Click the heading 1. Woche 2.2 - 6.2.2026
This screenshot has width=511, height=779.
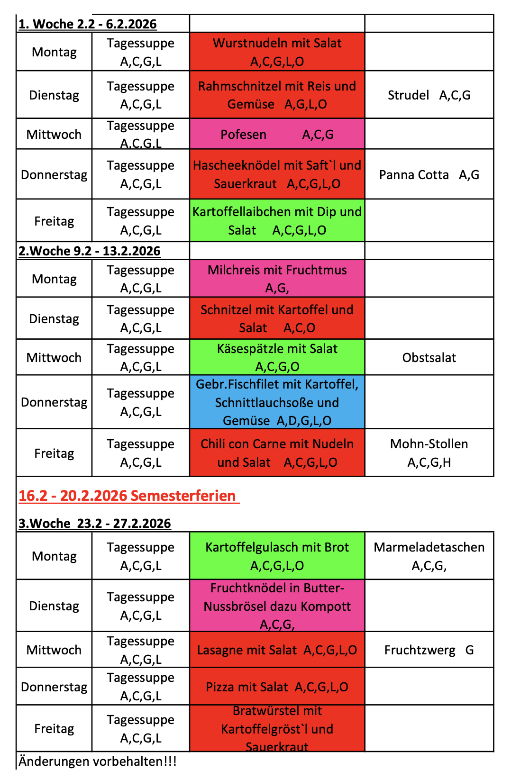[88, 24]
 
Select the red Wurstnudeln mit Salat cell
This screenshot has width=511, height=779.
[277, 52]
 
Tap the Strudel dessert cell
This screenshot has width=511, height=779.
[429, 95]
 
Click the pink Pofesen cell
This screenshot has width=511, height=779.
[277, 134]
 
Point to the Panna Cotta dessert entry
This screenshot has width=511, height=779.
[429, 174]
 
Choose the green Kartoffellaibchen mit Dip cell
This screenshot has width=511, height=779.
[277, 221]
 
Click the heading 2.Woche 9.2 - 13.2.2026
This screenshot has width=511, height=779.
[90, 251]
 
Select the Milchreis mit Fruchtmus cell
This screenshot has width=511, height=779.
[277, 279]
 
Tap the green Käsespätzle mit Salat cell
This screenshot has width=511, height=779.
[277, 357]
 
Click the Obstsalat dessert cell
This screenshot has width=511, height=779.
[429, 357]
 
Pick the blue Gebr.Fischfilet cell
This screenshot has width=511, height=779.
[277, 402]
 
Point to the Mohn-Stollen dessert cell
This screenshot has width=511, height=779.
[429, 453]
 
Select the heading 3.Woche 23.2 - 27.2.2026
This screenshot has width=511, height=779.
[95, 523]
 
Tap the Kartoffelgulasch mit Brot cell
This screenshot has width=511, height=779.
[277, 556]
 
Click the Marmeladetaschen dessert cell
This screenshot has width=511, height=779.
[429, 556]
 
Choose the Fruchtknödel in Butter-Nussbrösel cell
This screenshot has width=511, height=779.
[277, 606]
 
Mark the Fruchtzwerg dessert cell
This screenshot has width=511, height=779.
[429, 650]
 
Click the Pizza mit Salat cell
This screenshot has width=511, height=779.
[277, 687]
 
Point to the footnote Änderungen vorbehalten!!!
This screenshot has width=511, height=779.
[98, 761]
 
